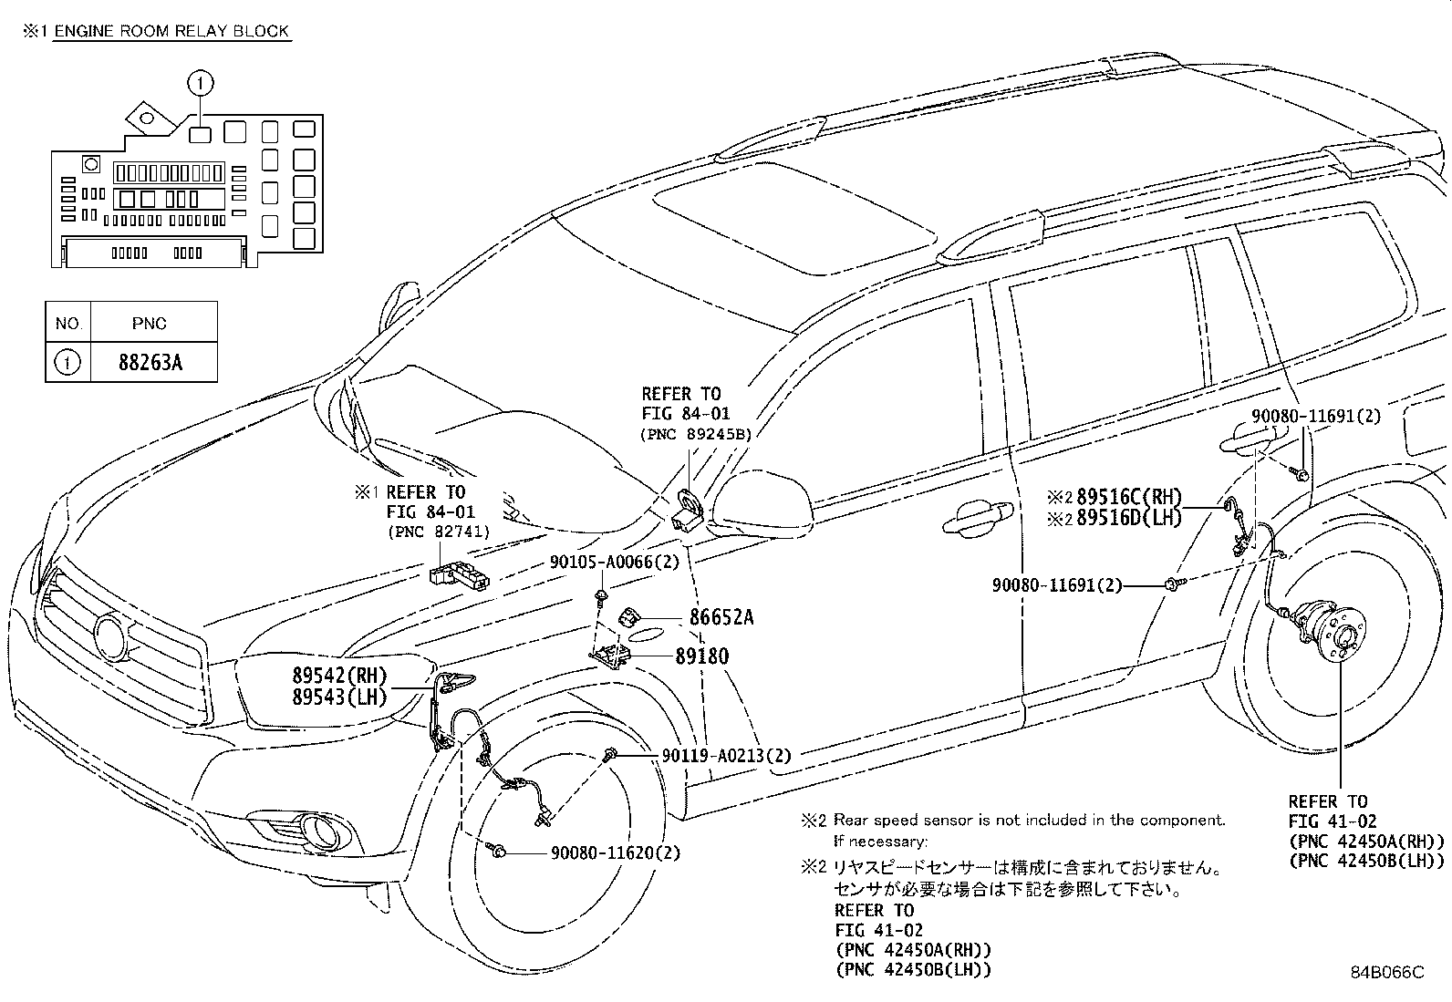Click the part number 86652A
click(721, 618)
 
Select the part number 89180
click(701, 656)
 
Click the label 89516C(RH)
click(1128, 498)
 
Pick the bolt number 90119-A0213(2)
click(726, 755)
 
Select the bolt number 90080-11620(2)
click(615, 853)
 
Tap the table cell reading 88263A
click(150, 363)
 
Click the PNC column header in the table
click(149, 324)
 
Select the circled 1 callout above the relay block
click(200, 84)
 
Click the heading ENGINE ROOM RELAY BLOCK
click(171, 31)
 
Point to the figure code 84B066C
click(1386, 972)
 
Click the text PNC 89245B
click(696, 435)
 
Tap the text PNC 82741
click(438, 532)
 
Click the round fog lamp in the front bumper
click(323, 831)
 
